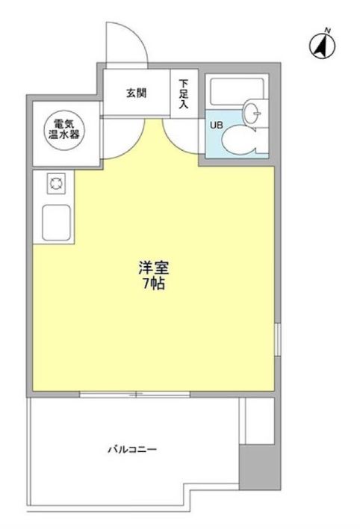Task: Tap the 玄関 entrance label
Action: click(x=135, y=93)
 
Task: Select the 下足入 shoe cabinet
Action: click(x=184, y=94)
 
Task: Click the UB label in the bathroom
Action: click(x=215, y=125)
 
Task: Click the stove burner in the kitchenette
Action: click(x=54, y=182)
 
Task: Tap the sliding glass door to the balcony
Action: click(x=136, y=395)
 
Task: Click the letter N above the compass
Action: click(x=326, y=31)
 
